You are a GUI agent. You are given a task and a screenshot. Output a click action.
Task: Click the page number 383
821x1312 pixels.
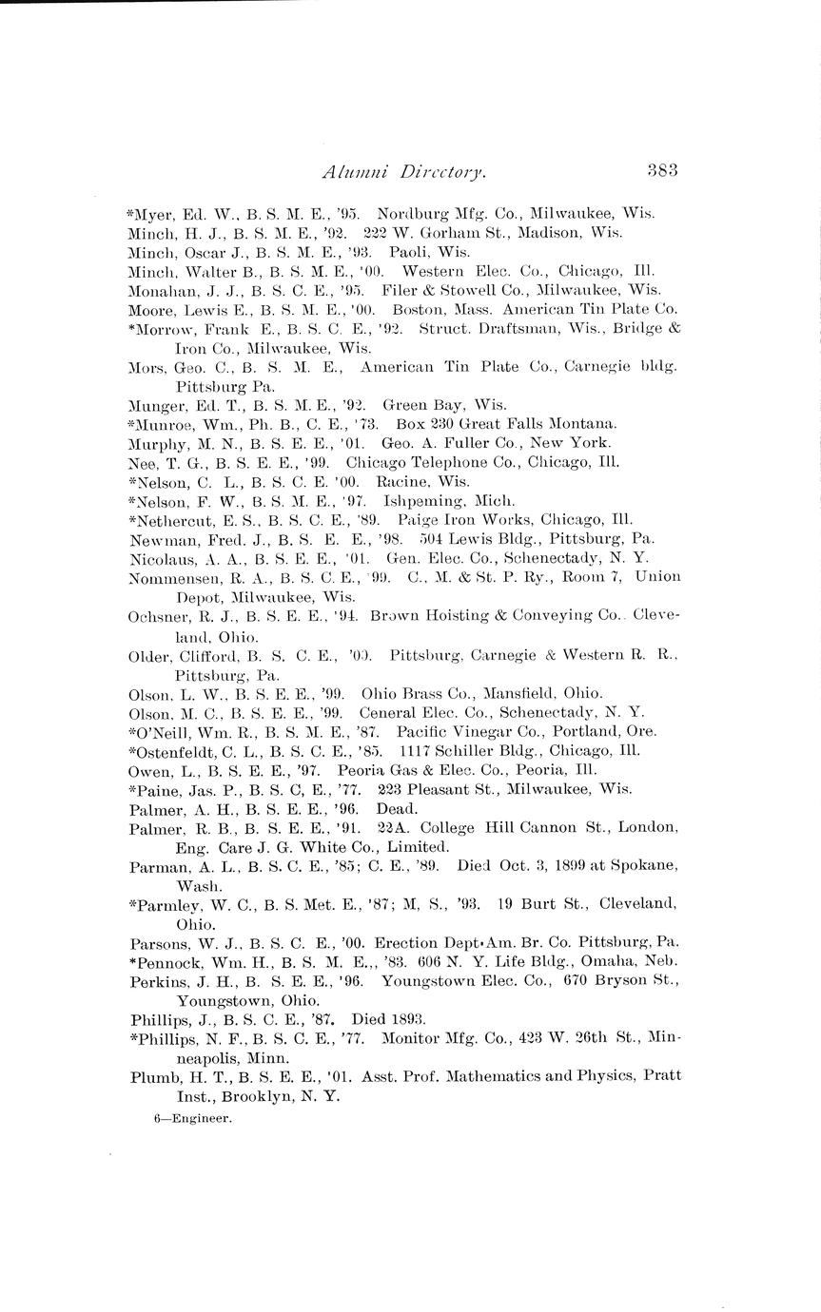pyautogui.click(x=661, y=171)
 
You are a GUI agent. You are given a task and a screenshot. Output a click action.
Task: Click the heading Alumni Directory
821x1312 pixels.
pyautogui.click(x=405, y=172)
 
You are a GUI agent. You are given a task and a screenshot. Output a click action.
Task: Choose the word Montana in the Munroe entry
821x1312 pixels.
pyautogui.click(x=583, y=424)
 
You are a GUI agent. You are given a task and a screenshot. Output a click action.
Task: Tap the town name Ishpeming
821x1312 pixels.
pyautogui.click(x=420, y=501)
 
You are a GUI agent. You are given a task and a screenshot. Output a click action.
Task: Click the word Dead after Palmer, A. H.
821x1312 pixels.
pyautogui.click(x=397, y=809)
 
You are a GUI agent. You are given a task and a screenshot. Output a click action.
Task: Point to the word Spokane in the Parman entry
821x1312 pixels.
pyautogui.click(x=643, y=866)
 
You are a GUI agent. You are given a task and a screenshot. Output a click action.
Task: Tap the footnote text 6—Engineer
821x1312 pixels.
pyautogui.click(x=193, y=1119)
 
